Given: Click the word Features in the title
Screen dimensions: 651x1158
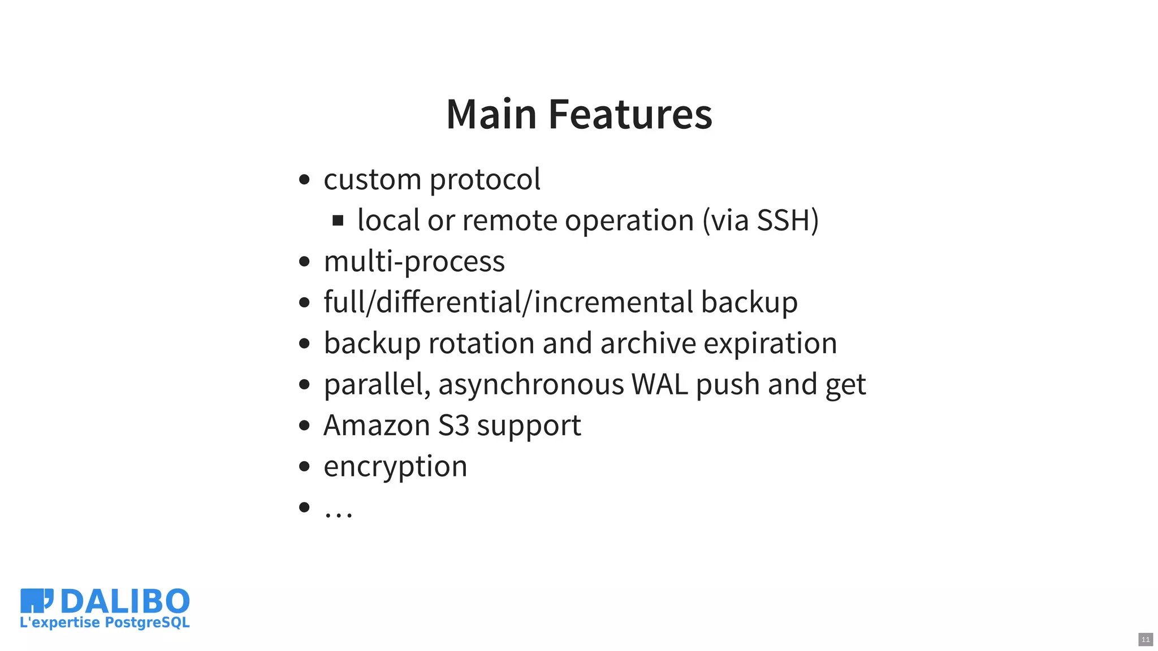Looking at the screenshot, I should coord(630,114).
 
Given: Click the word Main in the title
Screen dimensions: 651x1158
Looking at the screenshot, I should coord(491,114).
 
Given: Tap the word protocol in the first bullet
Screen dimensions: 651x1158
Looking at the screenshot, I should coord(485,180).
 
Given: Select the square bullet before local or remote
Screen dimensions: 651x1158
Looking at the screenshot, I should coord(338,220).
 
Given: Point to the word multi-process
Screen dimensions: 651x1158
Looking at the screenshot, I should coord(414,262).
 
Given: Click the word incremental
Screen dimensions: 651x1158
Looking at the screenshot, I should coord(613,302).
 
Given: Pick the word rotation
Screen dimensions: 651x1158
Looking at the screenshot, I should coord(481,344).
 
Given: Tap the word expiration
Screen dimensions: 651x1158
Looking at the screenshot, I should coord(770,344).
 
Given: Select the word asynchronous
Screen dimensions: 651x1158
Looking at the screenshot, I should coord(531,385).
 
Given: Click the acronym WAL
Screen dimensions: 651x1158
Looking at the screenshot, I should coord(659,385).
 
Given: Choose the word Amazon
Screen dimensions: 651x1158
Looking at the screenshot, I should coord(377,426).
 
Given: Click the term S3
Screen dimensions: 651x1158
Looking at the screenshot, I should coord(453,426).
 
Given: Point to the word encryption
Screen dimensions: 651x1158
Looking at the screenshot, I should coord(395,467).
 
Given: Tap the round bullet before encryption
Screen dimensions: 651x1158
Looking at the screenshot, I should coord(304,467).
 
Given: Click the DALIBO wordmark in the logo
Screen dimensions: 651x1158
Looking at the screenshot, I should coord(125,601).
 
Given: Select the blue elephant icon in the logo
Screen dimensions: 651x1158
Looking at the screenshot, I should coord(36,600).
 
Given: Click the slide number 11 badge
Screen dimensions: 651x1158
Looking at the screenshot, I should coord(1146,640).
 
